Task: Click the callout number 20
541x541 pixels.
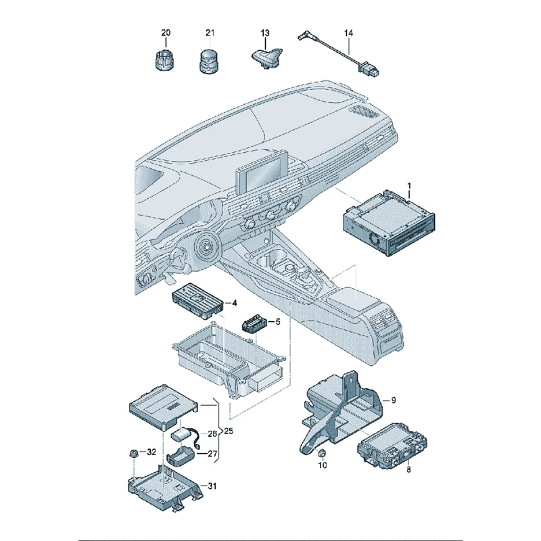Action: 166,33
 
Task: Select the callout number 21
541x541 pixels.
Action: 210,33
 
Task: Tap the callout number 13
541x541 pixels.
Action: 265,33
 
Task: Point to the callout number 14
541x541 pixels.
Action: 348,33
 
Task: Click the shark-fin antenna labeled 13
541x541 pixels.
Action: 264,57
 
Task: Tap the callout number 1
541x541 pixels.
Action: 408,185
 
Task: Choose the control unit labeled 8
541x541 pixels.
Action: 388,446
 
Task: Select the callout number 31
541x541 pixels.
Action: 212,485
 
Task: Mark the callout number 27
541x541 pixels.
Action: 212,454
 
